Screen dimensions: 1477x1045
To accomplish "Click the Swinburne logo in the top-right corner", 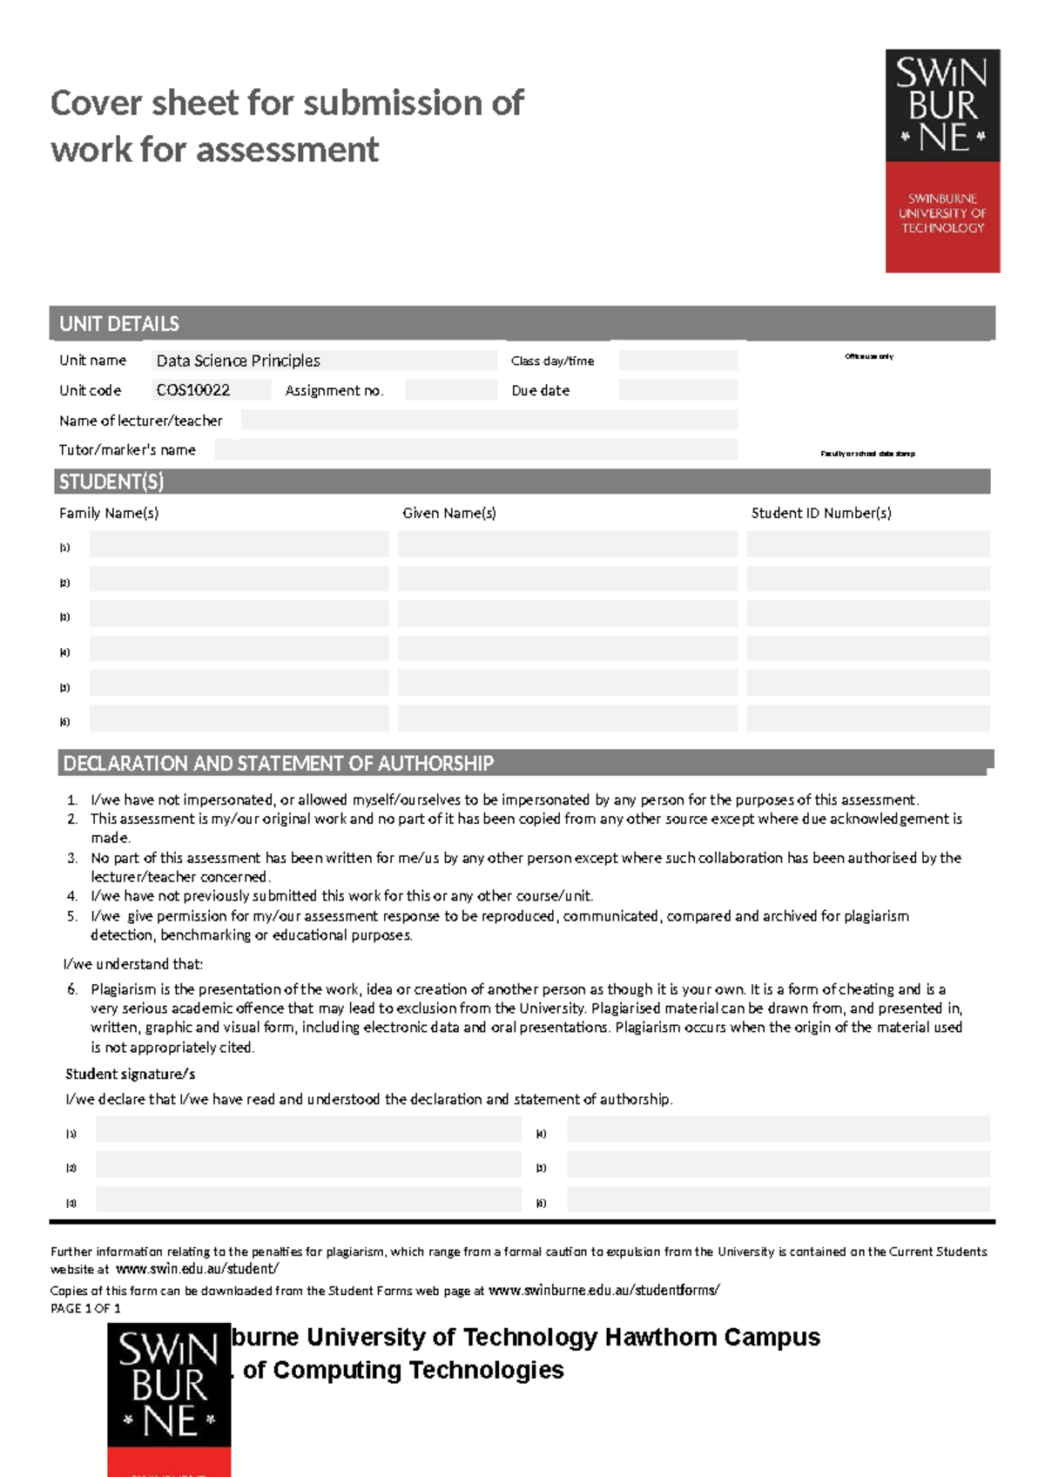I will coord(942,161).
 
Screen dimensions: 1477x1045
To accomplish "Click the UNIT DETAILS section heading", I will coord(119,324).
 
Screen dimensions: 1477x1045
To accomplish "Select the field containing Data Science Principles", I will coord(324,361).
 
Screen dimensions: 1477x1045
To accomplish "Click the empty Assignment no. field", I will coord(451,390).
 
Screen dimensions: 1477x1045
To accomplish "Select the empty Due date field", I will coord(678,390).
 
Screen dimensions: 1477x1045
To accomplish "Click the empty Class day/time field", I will coord(678,361).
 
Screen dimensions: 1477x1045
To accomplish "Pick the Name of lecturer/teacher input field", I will coord(489,420).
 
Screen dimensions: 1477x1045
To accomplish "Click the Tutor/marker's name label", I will coord(127,450).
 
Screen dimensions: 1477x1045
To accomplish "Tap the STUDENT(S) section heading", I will coord(111,482).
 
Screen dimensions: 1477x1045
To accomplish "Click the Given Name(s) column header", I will coord(449,513).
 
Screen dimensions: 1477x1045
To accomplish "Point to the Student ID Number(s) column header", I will coord(821,513).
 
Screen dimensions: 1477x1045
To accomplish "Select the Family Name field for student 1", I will coord(239,544).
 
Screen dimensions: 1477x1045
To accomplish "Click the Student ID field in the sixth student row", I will coord(868,718).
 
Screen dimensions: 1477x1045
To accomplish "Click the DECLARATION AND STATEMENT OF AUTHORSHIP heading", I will coord(279,764).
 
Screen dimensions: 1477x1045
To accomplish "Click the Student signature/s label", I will coord(131,1074).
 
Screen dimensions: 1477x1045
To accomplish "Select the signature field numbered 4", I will coord(778,1130).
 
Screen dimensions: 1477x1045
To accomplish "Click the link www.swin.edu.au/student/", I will coord(197,1270).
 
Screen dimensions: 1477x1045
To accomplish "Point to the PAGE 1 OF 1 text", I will coord(85,1308).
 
